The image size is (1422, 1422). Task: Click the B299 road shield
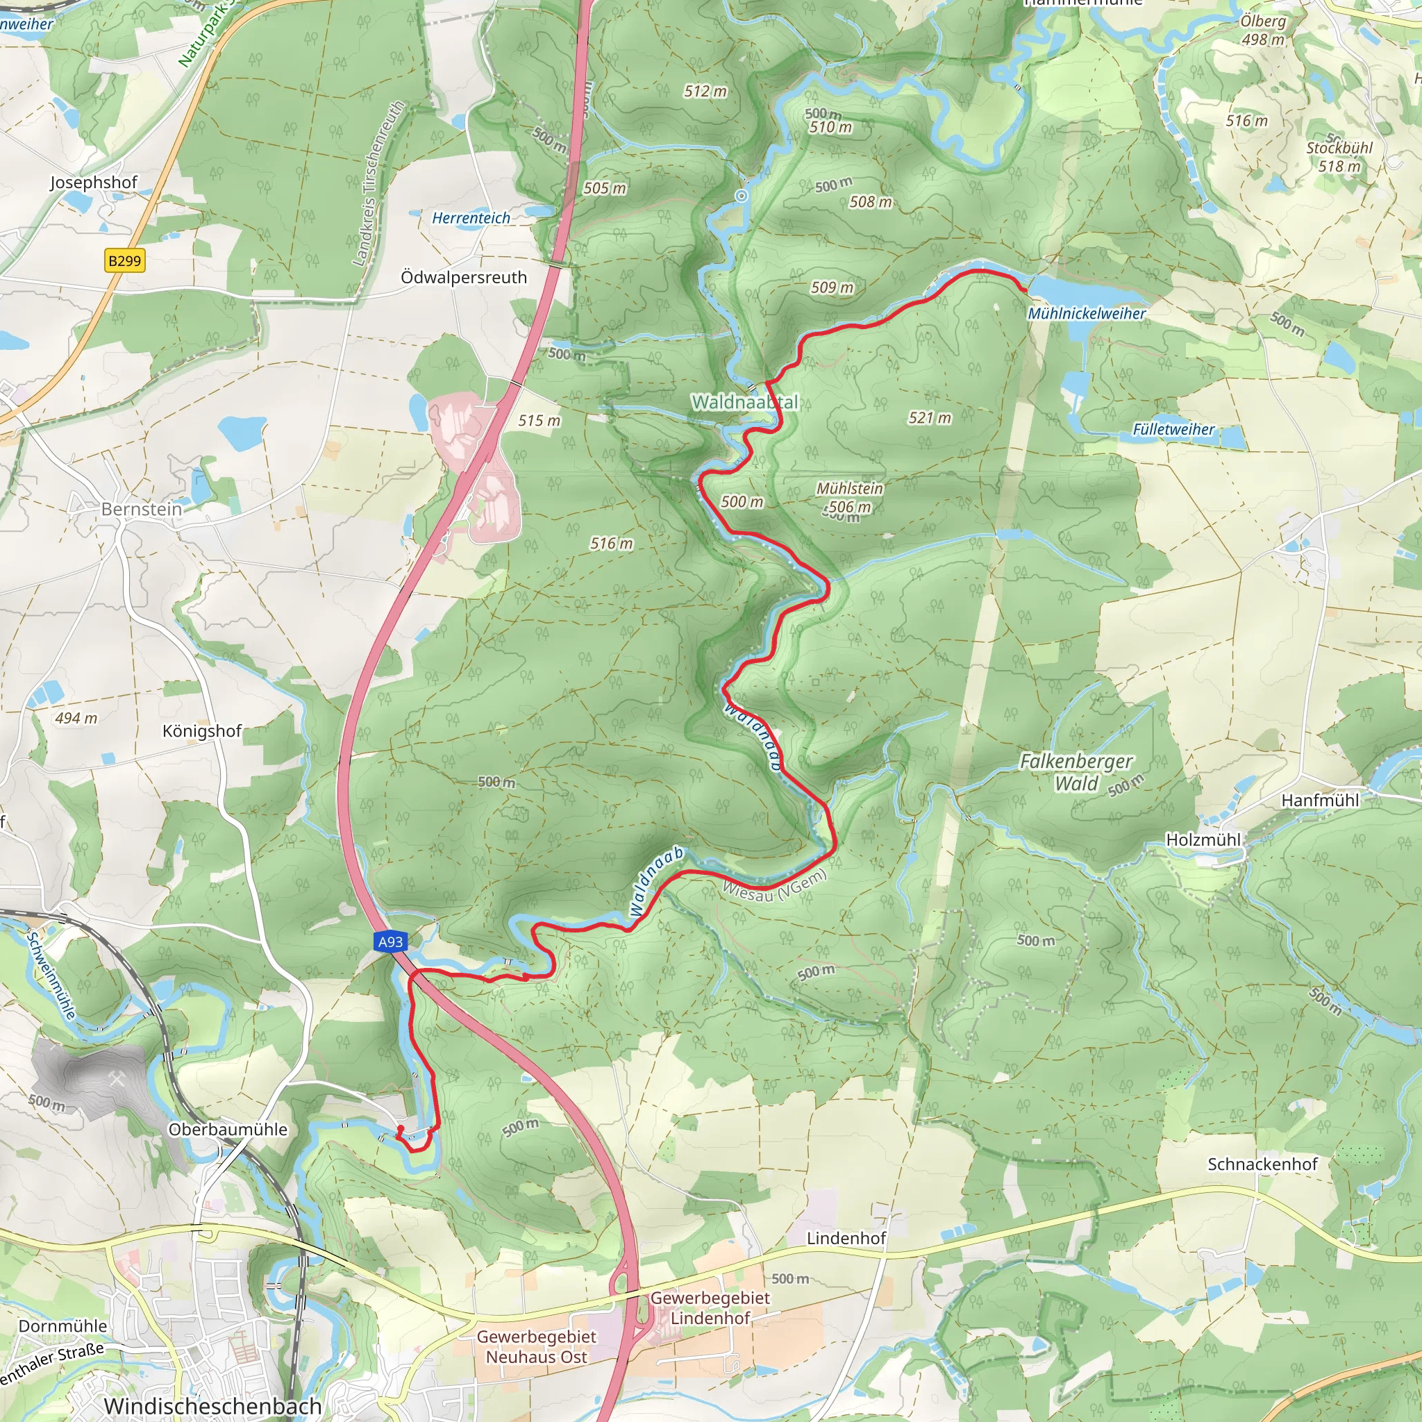coord(124,260)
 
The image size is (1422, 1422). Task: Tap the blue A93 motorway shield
coord(390,942)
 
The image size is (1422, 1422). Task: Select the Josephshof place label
coord(94,182)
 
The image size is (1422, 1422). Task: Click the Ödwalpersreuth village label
coord(464,278)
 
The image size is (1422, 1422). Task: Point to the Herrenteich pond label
coord(471,218)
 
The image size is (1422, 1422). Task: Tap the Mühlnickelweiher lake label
coord(1087,314)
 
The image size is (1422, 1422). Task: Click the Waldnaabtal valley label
coord(744,402)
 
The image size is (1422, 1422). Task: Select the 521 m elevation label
coord(929,418)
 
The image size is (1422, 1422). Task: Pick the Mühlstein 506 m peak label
coord(849,498)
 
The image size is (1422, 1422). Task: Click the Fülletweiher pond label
coord(1173,429)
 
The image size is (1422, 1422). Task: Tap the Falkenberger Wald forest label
coord(1076,772)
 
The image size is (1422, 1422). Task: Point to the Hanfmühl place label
coord(1320,800)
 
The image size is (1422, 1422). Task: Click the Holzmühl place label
coord(1203,840)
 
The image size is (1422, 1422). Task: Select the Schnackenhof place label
coord(1262,1164)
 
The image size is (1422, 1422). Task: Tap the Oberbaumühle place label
coord(228,1129)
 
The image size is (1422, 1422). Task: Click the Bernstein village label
coord(142,510)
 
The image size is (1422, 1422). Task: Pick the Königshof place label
coord(201,731)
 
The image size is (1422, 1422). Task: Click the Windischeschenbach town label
coord(212,1405)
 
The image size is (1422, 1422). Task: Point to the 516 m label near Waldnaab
coord(611,543)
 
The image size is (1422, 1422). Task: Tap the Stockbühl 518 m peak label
coord(1339,157)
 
